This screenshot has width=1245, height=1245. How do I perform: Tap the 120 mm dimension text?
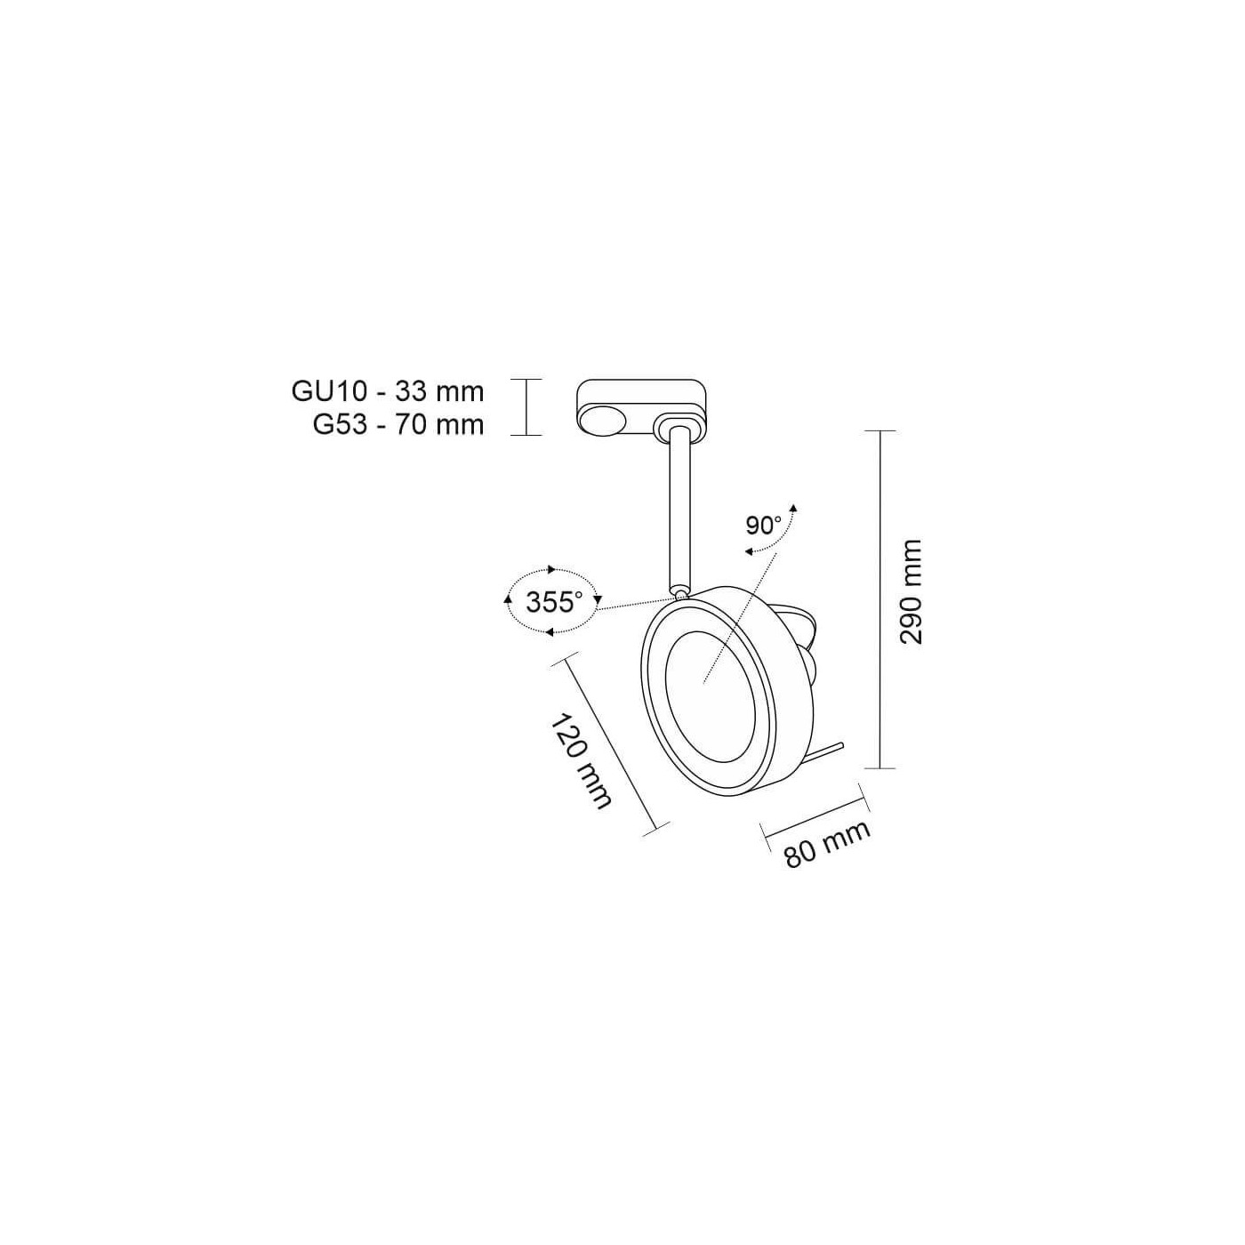580,760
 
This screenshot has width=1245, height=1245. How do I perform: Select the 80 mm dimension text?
828,844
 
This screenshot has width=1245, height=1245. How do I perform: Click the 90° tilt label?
764,526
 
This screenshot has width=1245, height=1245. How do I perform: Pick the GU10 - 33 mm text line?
388,391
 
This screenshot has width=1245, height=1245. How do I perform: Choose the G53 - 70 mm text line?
398,425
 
